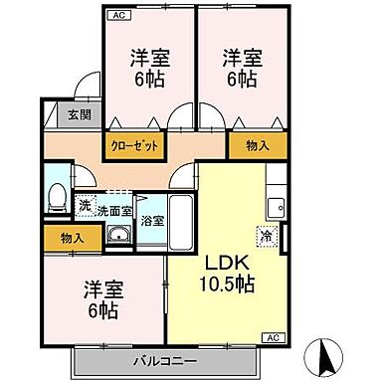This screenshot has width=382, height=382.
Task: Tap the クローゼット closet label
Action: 133,145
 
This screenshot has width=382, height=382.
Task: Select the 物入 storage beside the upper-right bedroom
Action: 256,145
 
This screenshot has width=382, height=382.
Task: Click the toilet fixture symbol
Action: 59,193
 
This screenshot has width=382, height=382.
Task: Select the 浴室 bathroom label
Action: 152,221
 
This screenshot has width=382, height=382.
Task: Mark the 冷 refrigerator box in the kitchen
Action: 266,237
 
